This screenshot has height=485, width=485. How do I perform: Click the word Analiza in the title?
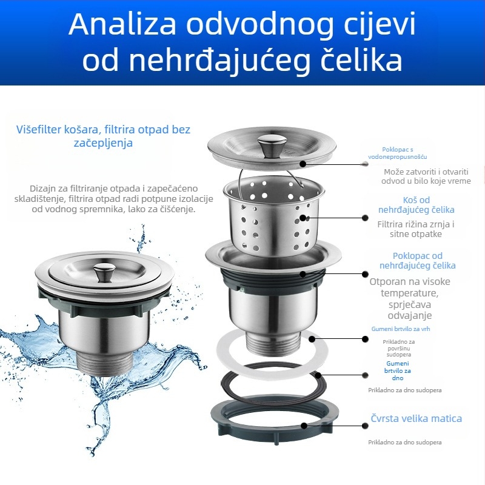[x=124, y=24]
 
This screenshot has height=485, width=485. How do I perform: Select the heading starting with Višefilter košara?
[x=103, y=136]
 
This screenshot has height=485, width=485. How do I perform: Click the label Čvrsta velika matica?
[x=416, y=418]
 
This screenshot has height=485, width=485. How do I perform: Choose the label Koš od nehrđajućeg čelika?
[x=416, y=205]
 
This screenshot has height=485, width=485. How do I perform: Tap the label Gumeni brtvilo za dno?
[x=398, y=370]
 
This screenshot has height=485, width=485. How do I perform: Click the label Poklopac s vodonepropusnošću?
[x=398, y=153]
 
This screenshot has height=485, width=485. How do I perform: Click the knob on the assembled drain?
[x=104, y=271]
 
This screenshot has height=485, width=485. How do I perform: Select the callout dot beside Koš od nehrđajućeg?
[x=365, y=217]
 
